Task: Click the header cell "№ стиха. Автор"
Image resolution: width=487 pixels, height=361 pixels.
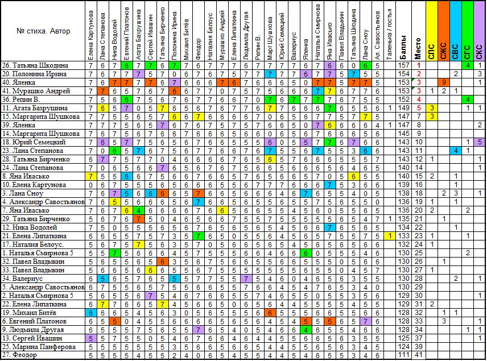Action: pyautogui.click(x=43, y=31)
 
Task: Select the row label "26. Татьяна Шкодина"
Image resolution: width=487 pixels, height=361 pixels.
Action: pyautogui.click(x=35, y=65)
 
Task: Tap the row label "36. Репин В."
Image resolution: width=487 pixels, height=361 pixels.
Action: pyautogui.click(x=21, y=99)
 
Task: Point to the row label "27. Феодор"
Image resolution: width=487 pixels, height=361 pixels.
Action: pyautogui.click(x=19, y=355)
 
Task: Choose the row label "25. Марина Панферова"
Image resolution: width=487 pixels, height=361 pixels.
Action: pyautogui.click(x=39, y=347)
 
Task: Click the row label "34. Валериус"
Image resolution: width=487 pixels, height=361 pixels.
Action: pyautogui.click(x=22, y=279)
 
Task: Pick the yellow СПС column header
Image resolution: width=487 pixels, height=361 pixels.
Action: pyautogui.click(x=432, y=31)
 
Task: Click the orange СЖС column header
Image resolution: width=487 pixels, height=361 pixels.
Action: pyautogui.click(x=444, y=31)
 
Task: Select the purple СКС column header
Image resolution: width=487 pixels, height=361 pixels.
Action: pyautogui.click(x=480, y=31)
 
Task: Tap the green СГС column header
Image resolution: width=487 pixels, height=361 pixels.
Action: pyautogui.click(x=468, y=31)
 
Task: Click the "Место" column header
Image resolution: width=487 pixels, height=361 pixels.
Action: pyautogui.click(x=418, y=48)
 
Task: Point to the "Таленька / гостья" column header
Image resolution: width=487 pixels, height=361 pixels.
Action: pyautogui.click(x=390, y=34)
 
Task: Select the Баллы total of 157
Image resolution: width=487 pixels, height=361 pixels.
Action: pyautogui.click(x=404, y=65)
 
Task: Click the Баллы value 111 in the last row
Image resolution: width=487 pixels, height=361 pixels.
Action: pyautogui.click(x=404, y=355)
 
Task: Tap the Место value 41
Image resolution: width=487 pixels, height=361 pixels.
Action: pyautogui.click(x=419, y=355)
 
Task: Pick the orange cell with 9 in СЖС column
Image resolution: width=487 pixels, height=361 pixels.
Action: pyautogui.click(x=444, y=82)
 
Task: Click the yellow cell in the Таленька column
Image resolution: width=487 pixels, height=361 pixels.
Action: pyautogui.click(x=390, y=236)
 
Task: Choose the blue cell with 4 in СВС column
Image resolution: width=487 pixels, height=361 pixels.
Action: pyautogui.click(x=456, y=151)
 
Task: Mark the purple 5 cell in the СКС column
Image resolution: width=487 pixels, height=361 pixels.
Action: pyautogui.click(x=480, y=142)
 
